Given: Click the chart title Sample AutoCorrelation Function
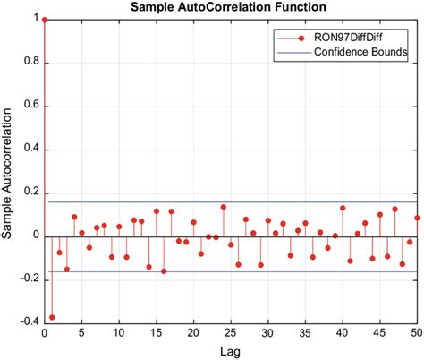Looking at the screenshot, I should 229,7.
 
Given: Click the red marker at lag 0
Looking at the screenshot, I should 45,19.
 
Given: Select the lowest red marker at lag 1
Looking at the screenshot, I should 52,317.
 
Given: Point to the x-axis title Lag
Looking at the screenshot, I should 231,352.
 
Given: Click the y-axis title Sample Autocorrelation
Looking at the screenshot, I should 8,175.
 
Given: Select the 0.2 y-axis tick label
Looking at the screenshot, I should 32,193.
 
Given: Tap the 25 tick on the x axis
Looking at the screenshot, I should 231,333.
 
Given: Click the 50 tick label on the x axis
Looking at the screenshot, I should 416,333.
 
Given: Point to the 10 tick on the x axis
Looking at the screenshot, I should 119,333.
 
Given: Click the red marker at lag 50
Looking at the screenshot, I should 417,218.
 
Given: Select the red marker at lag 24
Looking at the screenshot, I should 224,207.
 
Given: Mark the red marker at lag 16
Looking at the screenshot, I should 164,270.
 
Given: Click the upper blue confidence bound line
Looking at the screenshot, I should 268,201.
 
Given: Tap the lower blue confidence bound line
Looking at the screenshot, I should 268,271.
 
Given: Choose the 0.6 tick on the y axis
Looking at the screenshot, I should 32,106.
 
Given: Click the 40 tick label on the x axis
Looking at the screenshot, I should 342,333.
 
